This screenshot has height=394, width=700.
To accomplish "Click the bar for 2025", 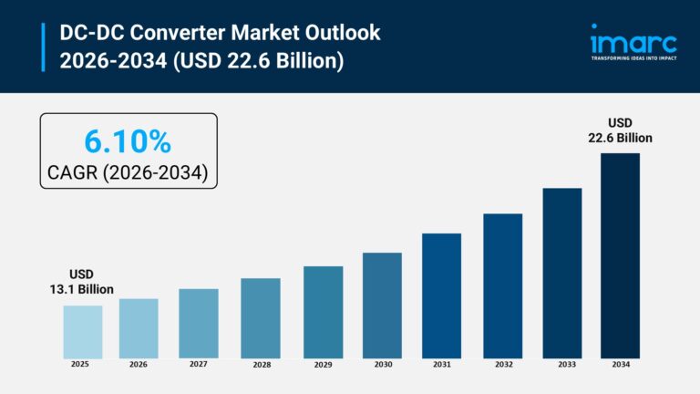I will [82, 331].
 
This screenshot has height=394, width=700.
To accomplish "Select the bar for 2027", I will [199, 323].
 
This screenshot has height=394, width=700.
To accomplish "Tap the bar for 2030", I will [382, 305].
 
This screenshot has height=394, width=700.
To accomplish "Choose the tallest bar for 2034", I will [620, 255].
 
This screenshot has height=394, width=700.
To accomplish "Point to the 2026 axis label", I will [139, 364].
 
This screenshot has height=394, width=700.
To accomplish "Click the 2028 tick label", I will [261, 365].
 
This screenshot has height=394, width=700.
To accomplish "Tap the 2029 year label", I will [323, 365].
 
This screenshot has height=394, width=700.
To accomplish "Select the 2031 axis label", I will [442, 365].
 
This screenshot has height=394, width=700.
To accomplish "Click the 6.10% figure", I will [128, 141].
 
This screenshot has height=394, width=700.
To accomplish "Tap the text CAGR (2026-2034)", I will [129, 170].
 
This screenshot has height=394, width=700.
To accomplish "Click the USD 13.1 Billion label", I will [82, 282].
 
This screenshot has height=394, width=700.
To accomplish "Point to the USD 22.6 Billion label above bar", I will [620, 130].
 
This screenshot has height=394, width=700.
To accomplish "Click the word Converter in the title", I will [167, 33].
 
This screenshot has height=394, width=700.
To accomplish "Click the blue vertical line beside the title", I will [43, 47].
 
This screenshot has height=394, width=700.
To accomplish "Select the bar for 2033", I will [561, 273].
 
